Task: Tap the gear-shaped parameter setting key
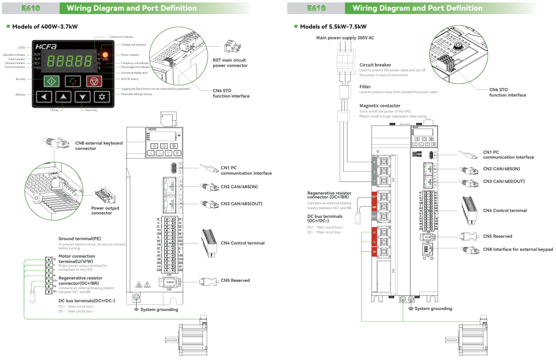click(x=102, y=97)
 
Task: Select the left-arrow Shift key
click(x=44, y=97)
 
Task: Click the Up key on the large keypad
click(x=63, y=97)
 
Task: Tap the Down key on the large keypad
click(x=83, y=97)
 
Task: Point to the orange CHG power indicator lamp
click(x=105, y=54)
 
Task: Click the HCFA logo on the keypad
click(x=46, y=47)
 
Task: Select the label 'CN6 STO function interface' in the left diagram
click(x=231, y=93)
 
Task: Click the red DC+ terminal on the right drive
click(x=374, y=197)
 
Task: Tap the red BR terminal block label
click(x=374, y=207)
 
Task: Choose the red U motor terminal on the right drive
click(x=374, y=232)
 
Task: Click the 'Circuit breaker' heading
click(x=375, y=65)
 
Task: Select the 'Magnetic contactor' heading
click(x=380, y=105)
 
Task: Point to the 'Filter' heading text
click(x=365, y=87)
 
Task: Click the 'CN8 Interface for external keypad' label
click(x=518, y=249)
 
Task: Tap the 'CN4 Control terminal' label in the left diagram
click(x=243, y=243)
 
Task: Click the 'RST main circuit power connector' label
click(x=230, y=63)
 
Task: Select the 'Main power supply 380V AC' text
click(x=345, y=37)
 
